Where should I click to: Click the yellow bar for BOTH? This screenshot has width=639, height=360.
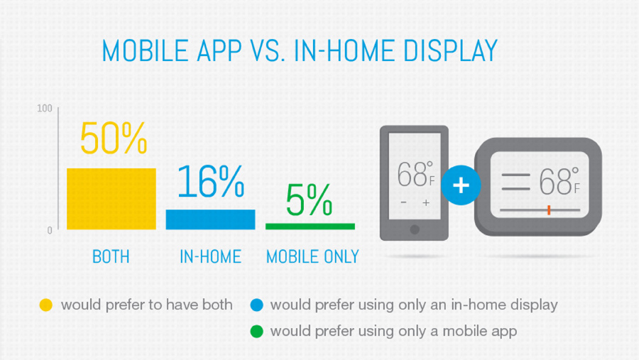point(111,199)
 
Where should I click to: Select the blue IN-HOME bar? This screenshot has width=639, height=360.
point(210,219)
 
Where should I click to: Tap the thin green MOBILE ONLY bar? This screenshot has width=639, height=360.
point(310,227)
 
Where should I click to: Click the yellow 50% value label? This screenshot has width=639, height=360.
point(114,138)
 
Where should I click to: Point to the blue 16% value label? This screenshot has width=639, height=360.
point(211,181)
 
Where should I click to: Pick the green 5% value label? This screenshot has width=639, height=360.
point(309,200)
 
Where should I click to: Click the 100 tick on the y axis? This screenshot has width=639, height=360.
point(45,109)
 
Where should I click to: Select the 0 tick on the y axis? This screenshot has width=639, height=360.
point(50,231)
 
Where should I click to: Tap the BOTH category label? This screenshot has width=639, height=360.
point(111,257)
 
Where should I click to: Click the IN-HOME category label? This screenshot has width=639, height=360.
point(210,257)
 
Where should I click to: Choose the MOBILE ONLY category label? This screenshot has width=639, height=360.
point(312,257)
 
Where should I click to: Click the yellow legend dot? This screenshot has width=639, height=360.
point(46,305)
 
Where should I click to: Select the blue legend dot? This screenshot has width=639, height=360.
point(257,305)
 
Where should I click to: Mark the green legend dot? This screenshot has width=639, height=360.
point(257,332)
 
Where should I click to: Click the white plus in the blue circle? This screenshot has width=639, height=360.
point(461,185)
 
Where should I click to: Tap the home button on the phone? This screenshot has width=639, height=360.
point(415,229)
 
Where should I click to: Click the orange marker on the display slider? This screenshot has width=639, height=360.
point(549,210)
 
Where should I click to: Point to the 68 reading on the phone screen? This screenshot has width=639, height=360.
point(412,175)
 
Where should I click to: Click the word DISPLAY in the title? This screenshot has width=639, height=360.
point(450,51)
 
